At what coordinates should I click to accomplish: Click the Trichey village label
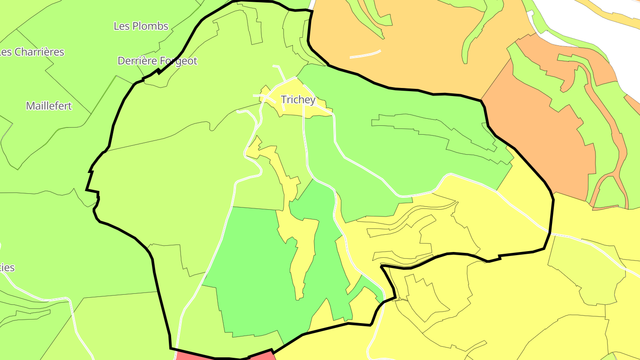(298, 100)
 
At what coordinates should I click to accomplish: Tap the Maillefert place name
(49, 106)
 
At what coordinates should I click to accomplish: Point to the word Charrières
(39, 52)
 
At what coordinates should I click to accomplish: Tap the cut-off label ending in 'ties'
(8, 268)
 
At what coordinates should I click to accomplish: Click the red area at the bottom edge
(222, 355)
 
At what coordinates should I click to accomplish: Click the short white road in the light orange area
(365, 54)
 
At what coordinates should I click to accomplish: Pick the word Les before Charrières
(5, 52)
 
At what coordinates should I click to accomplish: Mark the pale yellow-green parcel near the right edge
(587, 271)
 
